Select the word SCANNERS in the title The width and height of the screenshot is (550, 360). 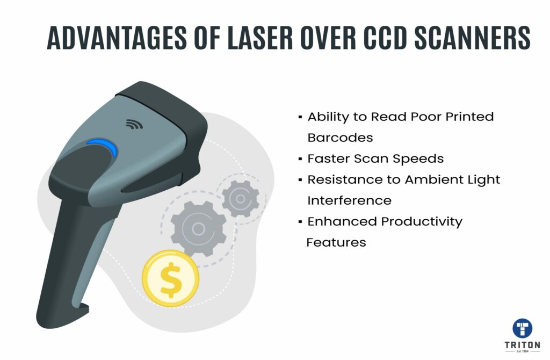pyautogui.click(x=473, y=38)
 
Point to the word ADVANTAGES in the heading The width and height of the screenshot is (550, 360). pyautogui.click(x=117, y=38)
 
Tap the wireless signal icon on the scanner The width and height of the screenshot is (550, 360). pyautogui.click(x=134, y=124)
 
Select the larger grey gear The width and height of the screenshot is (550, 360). pyautogui.click(x=198, y=229)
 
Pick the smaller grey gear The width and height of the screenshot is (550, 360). pyautogui.click(x=240, y=199)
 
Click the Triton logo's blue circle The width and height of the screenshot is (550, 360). pyautogui.click(x=522, y=328)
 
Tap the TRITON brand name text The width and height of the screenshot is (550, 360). pyautogui.click(x=522, y=345)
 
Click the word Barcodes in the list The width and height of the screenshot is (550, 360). pyautogui.click(x=340, y=138)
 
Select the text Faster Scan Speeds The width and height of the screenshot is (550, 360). pyautogui.click(x=375, y=159)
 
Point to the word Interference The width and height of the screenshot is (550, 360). pyautogui.click(x=349, y=200)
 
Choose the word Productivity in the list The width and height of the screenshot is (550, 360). pyautogui.click(x=422, y=222)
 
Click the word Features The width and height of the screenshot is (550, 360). pyautogui.click(x=336, y=242)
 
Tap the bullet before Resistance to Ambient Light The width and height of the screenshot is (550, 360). pyautogui.click(x=300, y=180)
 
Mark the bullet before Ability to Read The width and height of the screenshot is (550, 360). pyautogui.click(x=300, y=117)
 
